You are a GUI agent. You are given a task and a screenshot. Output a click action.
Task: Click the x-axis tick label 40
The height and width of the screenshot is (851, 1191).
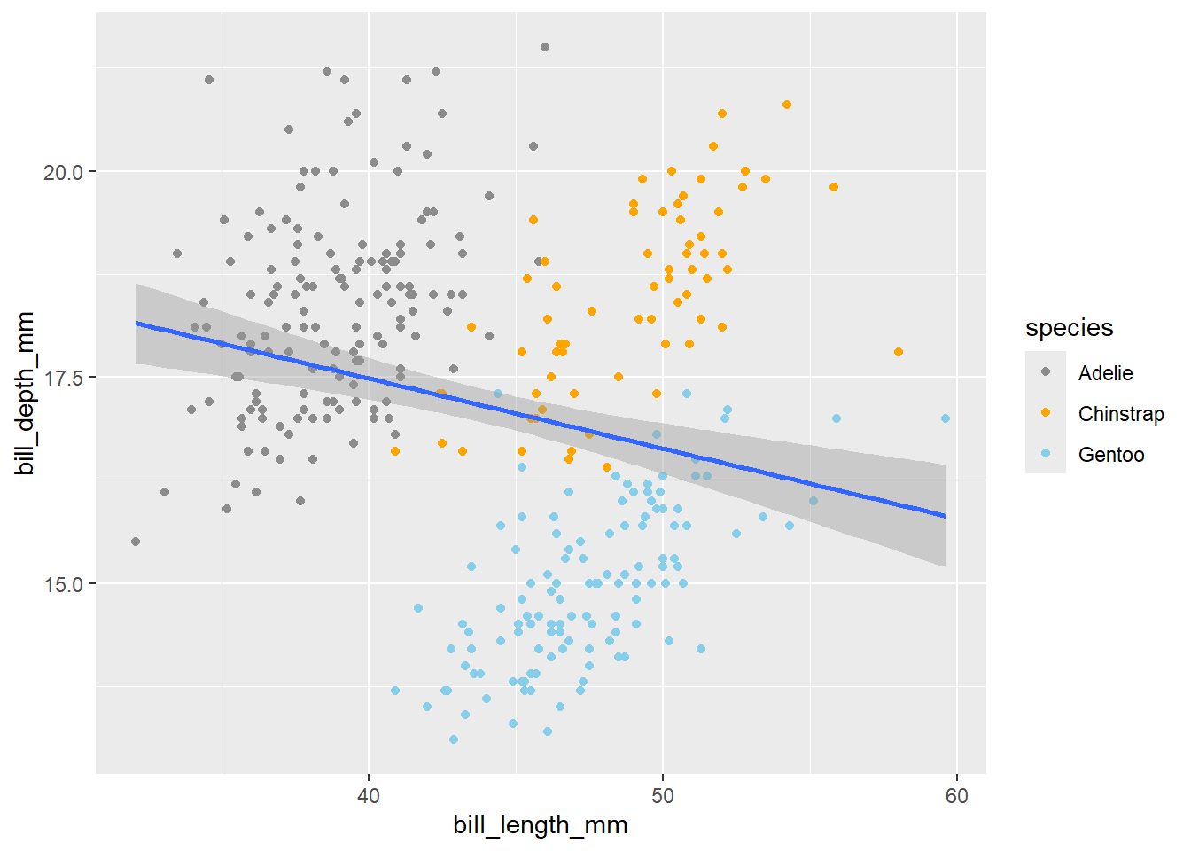click(x=368, y=795)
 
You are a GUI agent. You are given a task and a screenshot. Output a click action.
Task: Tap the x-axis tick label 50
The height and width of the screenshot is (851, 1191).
click(x=662, y=795)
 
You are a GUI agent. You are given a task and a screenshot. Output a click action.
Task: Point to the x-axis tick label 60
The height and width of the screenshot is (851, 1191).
click(x=956, y=795)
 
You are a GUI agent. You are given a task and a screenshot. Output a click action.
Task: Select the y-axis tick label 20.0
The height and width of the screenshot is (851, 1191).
click(x=63, y=172)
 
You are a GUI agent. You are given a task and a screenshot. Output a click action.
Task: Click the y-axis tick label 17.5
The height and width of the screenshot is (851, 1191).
click(x=63, y=378)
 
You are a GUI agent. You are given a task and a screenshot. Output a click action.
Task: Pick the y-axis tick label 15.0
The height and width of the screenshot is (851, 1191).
click(x=63, y=584)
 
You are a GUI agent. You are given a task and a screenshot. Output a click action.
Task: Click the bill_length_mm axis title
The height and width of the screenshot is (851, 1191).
click(x=540, y=825)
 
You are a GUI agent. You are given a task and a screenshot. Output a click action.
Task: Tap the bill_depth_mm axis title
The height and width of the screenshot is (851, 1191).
click(x=25, y=393)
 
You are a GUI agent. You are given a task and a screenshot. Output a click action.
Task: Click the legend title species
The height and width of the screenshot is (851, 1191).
click(x=1069, y=328)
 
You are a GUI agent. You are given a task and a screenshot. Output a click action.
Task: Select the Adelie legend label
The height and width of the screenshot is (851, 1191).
click(x=1105, y=373)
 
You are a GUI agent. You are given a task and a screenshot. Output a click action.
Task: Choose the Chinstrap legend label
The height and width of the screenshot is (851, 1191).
click(x=1121, y=414)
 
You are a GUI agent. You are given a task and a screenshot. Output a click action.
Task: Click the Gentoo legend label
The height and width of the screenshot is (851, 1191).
click(x=1111, y=455)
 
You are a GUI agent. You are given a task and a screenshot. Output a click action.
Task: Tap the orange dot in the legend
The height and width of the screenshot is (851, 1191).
click(x=1046, y=413)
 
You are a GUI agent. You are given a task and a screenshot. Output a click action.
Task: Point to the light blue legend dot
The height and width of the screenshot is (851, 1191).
click(x=1046, y=454)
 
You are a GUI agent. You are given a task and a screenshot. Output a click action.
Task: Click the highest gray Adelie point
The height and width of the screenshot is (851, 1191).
click(x=545, y=47)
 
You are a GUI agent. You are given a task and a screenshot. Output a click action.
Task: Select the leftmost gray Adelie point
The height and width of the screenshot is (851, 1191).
click(x=136, y=542)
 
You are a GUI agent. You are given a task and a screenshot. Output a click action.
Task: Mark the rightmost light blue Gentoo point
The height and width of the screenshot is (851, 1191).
click(x=946, y=418)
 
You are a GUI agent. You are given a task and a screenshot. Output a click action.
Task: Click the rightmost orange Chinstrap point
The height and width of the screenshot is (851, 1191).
click(x=899, y=352)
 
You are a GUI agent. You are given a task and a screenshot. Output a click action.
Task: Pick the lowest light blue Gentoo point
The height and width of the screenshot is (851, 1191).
click(x=454, y=739)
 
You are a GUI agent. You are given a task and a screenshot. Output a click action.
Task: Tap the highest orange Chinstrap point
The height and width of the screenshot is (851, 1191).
click(x=787, y=105)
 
